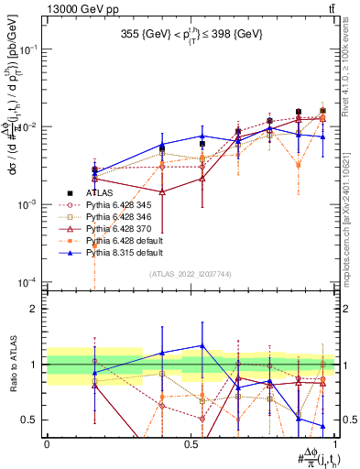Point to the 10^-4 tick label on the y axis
29,281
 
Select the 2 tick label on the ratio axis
35,309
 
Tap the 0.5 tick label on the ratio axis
30,420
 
